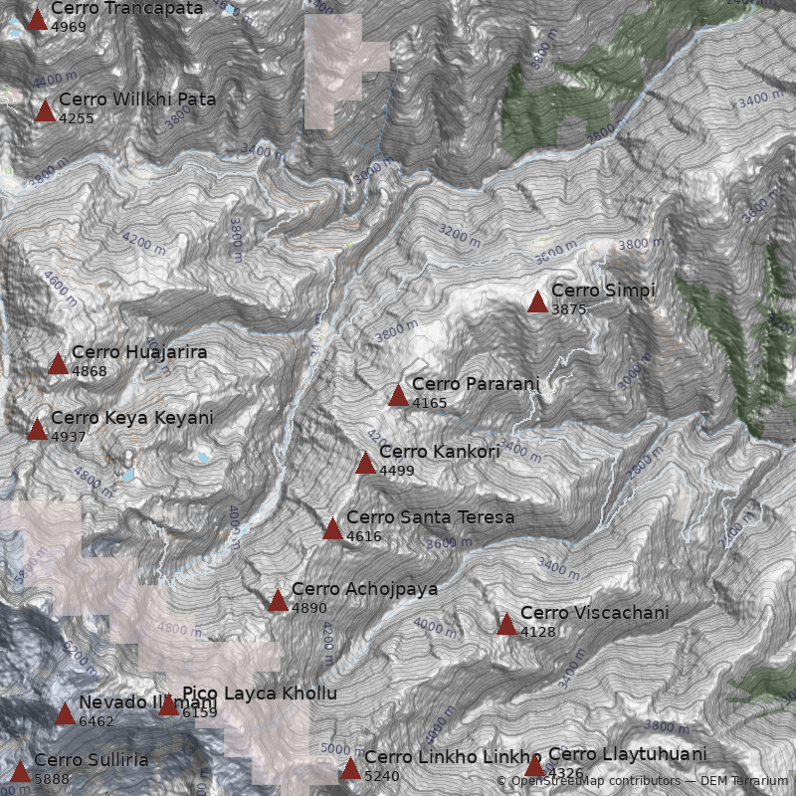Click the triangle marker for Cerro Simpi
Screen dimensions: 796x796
coord(537,301)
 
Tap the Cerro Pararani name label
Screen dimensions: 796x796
coord(475,384)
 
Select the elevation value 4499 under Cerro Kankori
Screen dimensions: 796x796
coord(397,471)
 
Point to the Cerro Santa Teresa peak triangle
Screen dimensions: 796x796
coord(332,528)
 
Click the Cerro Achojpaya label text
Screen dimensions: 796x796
coord(364,589)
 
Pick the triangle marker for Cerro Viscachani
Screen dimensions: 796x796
coord(506,624)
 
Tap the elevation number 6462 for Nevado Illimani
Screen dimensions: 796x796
coord(97,722)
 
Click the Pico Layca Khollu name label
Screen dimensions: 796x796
coord(260,694)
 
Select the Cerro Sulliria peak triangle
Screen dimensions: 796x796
coord(21,771)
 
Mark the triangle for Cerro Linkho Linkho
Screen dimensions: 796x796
coord(350,768)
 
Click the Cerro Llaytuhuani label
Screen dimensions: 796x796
coord(627,754)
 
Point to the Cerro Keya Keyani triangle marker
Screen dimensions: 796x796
coord(37,429)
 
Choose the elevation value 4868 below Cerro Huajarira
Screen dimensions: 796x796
coord(90,372)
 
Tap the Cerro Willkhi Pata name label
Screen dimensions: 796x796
coord(137,99)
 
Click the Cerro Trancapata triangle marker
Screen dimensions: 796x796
coord(37,19)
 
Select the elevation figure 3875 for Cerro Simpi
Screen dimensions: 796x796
coord(569,309)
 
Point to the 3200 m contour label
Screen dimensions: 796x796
coord(459,237)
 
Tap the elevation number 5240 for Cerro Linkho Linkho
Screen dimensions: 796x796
coord(382,776)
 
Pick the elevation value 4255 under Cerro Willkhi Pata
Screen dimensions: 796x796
coord(77,118)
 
